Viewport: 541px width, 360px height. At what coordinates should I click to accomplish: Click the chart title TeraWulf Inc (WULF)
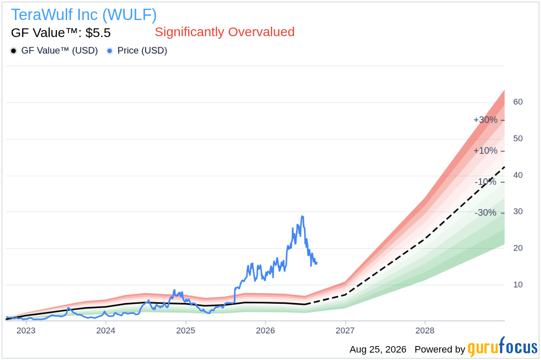tap(84, 15)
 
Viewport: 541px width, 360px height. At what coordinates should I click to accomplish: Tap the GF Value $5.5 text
tap(61, 33)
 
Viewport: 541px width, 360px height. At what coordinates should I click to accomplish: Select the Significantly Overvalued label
tap(225, 32)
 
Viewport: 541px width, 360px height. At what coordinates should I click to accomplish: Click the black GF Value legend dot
tap(14, 51)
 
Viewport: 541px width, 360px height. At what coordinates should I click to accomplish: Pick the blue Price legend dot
tap(110, 51)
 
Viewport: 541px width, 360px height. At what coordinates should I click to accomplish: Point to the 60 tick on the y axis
tap(518, 102)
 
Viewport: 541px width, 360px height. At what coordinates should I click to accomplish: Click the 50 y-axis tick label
tap(518, 139)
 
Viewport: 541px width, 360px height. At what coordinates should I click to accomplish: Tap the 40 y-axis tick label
tap(518, 175)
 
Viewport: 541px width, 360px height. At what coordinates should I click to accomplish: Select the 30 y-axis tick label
tap(518, 211)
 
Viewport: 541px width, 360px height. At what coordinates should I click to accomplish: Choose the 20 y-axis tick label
tap(518, 248)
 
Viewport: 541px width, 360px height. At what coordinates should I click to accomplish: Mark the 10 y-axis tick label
tap(518, 285)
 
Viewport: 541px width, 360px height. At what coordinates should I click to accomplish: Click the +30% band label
tap(485, 120)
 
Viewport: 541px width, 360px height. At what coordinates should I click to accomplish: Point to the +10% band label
tap(485, 151)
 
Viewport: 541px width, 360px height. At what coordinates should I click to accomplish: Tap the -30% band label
tap(485, 213)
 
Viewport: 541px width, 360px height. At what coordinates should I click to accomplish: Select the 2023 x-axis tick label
tap(26, 330)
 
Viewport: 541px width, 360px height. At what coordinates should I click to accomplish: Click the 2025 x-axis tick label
tap(186, 330)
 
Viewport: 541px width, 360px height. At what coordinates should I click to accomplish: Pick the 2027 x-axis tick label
tap(345, 330)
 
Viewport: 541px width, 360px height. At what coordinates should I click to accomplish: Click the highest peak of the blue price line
tap(302, 216)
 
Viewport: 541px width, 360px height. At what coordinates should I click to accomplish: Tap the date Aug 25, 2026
tap(378, 350)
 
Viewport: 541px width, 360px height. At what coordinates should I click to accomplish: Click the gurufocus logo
tap(503, 347)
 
